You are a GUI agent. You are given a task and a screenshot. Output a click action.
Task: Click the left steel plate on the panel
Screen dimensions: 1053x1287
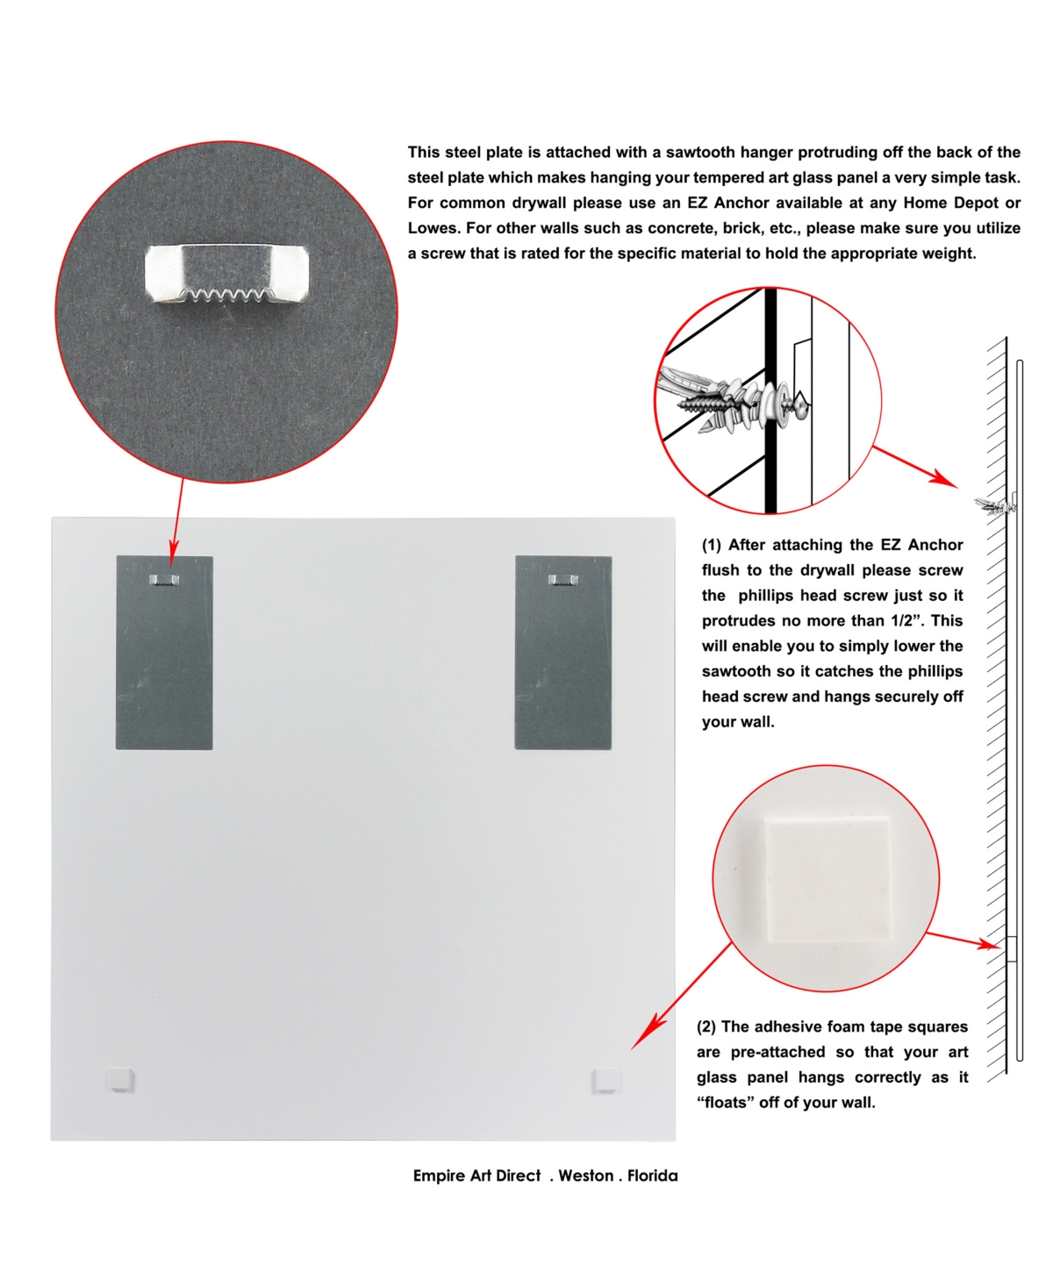click(x=164, y=653)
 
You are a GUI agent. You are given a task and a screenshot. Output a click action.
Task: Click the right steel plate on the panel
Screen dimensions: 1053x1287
click(x=562, y=653)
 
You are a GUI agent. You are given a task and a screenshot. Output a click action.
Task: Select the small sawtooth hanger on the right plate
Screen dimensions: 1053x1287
click(x=562, y=580)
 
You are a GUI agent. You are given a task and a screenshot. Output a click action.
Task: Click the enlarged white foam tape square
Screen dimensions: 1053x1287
click(x=827, y=879)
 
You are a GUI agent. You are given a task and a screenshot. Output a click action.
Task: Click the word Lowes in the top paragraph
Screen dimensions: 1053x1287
click(x=433, y=228)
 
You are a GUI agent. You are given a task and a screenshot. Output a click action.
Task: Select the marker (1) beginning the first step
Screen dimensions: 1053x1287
click(x=711, y=545)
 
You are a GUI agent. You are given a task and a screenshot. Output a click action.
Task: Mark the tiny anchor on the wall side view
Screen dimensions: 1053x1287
click(x=995, y=504)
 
